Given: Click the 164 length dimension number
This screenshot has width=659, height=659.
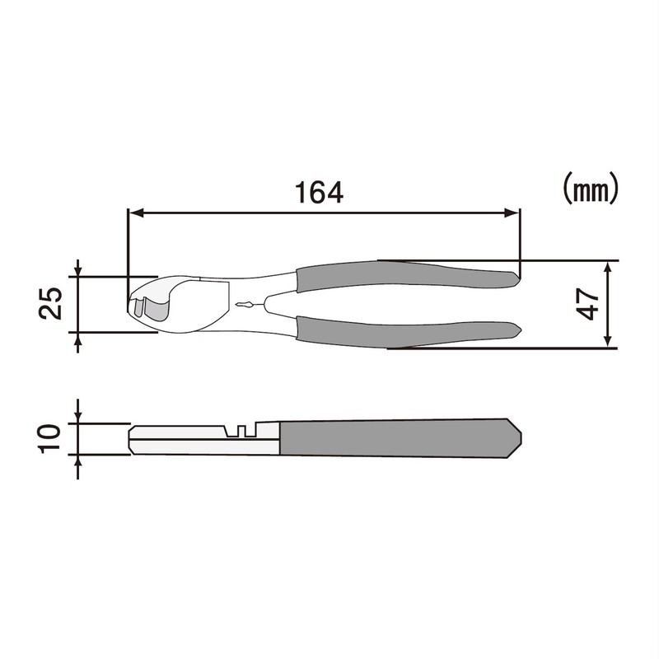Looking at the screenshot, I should tap(319, 192).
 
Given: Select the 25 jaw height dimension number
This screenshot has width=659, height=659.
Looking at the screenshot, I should tap(51, 304).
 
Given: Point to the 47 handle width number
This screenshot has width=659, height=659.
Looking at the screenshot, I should tap(587, 303).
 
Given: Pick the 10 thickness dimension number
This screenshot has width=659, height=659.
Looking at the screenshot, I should tap(51, 438).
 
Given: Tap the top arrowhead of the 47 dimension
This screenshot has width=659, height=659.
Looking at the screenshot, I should tap(608, 268).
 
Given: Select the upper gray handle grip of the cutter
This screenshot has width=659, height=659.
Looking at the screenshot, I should tap(404, 274).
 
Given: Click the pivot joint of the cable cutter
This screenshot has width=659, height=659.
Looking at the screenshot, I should tap(243, 306).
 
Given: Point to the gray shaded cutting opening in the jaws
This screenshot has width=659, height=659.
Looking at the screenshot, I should tap(157, 307).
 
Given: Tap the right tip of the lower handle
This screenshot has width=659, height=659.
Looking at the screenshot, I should tap(518, 329).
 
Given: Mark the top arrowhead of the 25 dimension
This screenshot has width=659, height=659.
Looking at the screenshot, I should tap(78, 271).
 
